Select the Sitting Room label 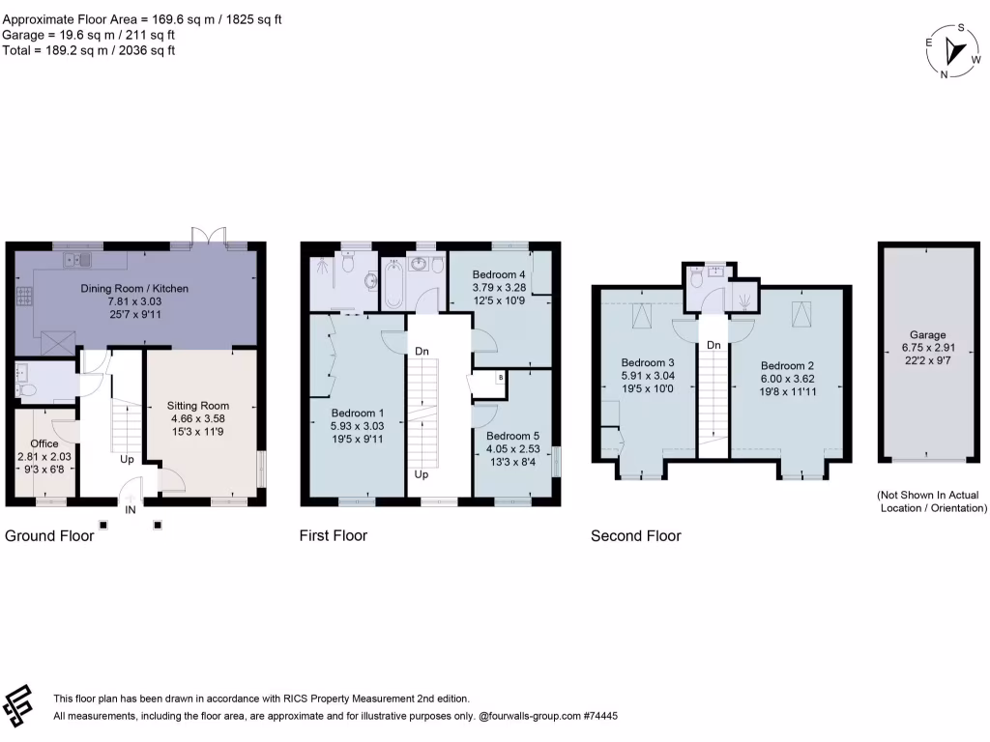(197, 406)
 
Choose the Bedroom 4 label (499, 274)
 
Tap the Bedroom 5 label (512, 436)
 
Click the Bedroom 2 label (787, 366)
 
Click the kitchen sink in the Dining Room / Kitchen (76, 260)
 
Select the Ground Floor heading (50, 535)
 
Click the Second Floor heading (635, 535)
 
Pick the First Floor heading (334, 535)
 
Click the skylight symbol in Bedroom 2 (799, 313)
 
